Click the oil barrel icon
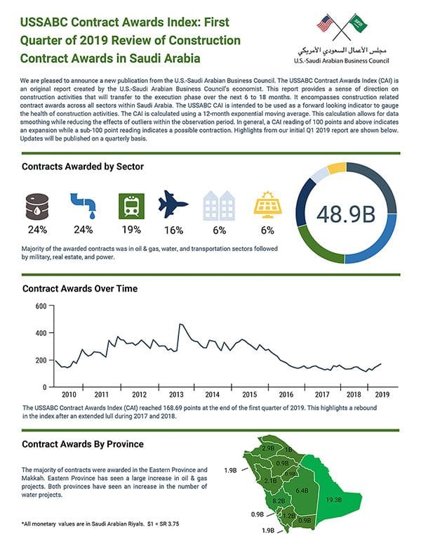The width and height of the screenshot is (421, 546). pyautogui.click(x=37, y=203)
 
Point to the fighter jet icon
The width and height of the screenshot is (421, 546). pyautogui.click(x=176, y=203)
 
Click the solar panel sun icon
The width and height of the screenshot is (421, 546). pyautogui.click(x=267, y=203)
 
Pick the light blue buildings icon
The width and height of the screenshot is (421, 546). pyautogui.click(x=219, y=204)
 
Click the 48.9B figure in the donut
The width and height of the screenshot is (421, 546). pyautogui.click(x=344, y=214)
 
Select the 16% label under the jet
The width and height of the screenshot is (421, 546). pyautogui.click(x=175, y=230)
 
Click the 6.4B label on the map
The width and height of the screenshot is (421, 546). pyautogui.click(x=302, y=488)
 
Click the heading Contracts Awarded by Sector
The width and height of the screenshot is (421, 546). pyautogui.click(x=83, y=167)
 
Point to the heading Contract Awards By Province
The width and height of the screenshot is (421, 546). pyautogui.click(x=83, y=444)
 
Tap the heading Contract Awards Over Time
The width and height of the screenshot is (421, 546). pyautogui.click(x=80, y=288)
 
